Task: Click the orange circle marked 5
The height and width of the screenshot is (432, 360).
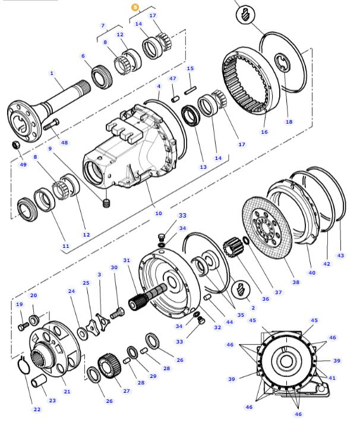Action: (135, 7)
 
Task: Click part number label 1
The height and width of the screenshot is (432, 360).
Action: (52, 73)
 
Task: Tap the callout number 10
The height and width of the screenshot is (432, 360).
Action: (158, 213)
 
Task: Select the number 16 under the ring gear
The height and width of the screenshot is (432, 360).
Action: (264, 132)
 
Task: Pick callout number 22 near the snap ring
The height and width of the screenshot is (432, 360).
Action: (37, 409)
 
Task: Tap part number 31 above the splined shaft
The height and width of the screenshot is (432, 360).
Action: (126, 260)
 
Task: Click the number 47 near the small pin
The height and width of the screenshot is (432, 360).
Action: (173, 78)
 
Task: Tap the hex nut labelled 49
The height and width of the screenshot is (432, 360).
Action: (17, 145)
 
